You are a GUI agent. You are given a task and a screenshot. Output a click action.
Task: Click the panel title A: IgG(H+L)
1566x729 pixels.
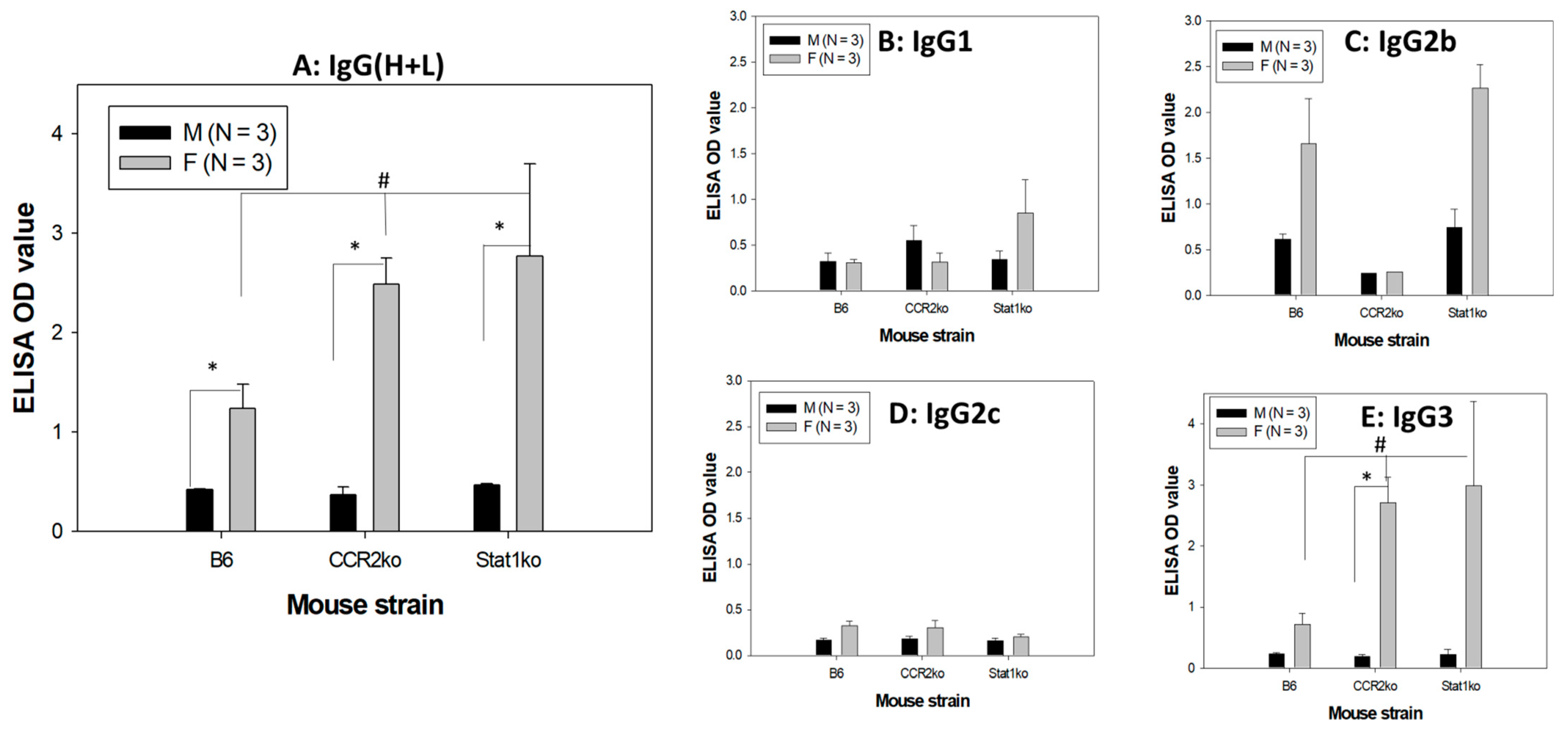pyautogui.click(x=369, y=66)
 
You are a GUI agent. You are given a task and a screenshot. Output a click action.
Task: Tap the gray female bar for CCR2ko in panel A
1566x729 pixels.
pyautogui.click(x=386, y=408)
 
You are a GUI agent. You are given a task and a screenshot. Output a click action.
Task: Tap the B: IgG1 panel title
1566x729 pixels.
pyautogui.click(x=925, y=41)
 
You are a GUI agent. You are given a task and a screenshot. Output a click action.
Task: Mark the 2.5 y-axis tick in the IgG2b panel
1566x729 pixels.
pyautogui.click(x=1194, y=66)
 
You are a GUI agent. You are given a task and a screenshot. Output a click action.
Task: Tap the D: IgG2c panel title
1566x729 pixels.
pyautogui.click(x=944, y=414)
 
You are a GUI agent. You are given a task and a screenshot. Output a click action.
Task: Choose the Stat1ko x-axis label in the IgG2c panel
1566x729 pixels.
pyautogui.click(x=1008, y=674)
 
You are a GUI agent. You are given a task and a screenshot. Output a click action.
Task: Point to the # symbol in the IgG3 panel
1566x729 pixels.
pyautogui.click(x=1380, y=445)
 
